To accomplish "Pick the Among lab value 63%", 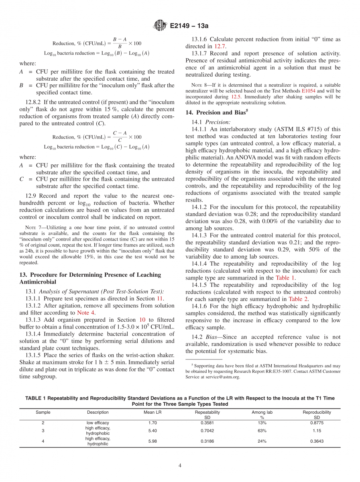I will (262, 431).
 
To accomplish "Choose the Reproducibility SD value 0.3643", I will (317, 441).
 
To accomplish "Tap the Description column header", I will (98, 412).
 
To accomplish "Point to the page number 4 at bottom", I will (180, 466).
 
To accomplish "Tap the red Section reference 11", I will (163, 298).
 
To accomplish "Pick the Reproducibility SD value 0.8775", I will (317, 423).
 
